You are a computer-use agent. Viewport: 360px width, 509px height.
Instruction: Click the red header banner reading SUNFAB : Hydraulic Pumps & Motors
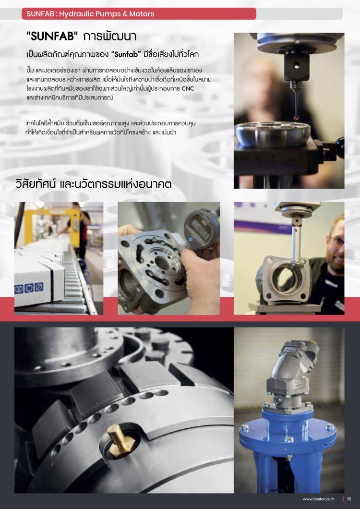(x=139, y=13)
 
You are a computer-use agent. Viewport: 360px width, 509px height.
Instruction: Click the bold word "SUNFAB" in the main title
(x=52, y=36)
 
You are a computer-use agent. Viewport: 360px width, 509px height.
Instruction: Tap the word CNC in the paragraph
(x=188, y=88)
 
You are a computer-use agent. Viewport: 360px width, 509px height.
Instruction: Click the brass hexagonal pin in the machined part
(x=119, y=439)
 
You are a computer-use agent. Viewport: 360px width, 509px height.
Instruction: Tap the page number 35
(x=349, y=499)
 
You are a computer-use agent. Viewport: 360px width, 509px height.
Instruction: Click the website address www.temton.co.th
(x=318, y=499)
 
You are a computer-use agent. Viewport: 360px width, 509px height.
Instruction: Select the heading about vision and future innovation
(x=94, y=184)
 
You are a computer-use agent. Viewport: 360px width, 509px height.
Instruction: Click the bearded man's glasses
(x=336, y=241)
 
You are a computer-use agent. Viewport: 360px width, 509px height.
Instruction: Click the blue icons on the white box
(x=29, y=288)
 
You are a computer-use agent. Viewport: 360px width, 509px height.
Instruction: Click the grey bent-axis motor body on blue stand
(x=289, y=376)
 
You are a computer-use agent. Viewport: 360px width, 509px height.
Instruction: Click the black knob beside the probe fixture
(x=339, y=148)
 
